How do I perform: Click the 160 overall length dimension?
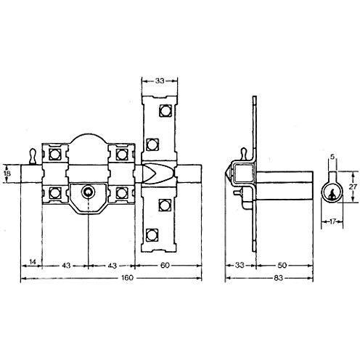[127, 278]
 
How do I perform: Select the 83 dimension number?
[279, 278]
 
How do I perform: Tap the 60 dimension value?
[165, 266]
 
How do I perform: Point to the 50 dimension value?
[282, 266]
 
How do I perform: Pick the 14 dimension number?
[33, 261]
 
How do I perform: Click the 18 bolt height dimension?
[7, 173]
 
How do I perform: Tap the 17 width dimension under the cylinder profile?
[332, 221]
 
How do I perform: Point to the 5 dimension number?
[332, 157]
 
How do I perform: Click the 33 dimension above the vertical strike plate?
[160, 81]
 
